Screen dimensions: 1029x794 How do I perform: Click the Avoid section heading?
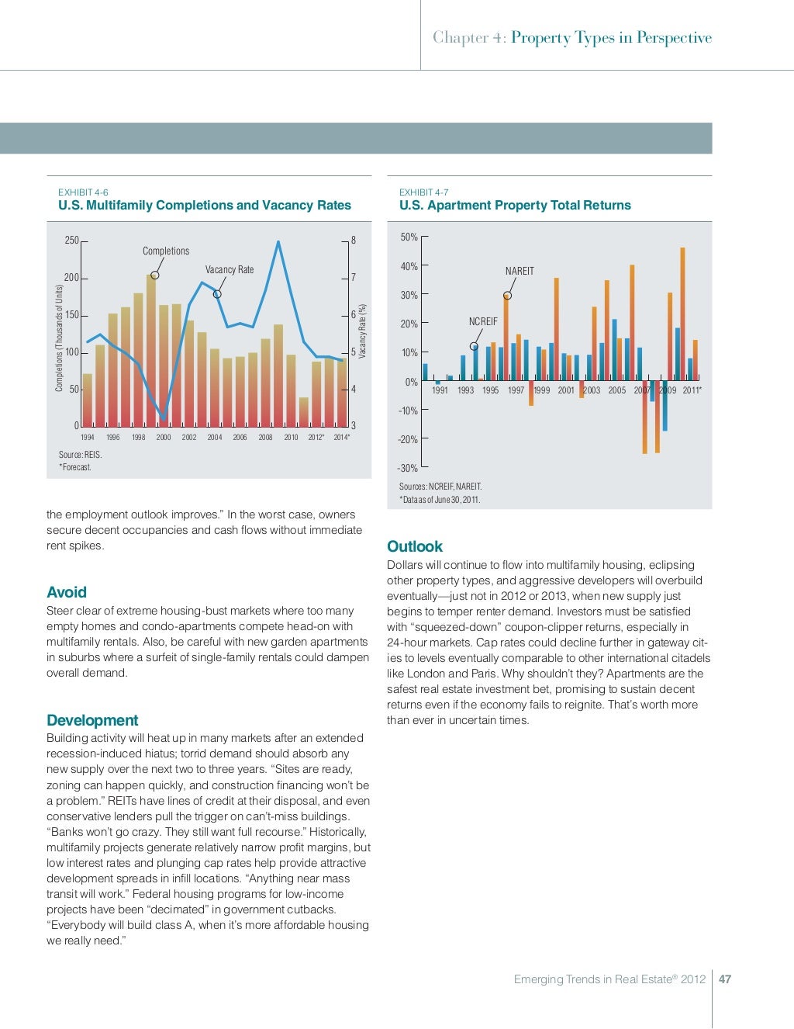coord(67,593)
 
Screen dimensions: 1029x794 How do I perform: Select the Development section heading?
coord(92,720)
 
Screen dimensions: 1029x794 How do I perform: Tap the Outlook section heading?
coord(415,546)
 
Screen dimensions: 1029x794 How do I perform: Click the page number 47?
coord(725,979)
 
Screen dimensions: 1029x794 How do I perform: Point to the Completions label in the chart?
coord(166,251)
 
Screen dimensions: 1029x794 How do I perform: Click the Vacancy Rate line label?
coord(230,270)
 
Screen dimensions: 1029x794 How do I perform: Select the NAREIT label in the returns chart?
coord(520,272)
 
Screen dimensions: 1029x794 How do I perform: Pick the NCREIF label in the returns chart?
coord(483,322)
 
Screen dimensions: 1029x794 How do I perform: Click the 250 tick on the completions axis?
coord(71,241)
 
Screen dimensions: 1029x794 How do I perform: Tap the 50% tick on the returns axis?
coord(409,237)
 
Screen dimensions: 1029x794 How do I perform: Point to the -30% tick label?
coord(407,469)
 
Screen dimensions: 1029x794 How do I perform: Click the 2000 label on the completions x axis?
coord(164,438)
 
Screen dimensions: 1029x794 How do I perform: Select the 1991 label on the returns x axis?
coord(440,390)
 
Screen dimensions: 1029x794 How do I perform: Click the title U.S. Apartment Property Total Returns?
coord(515,206)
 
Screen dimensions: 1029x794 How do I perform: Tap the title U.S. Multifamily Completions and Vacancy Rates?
coord(205,206)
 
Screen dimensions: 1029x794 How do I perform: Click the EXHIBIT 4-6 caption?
coord(83,192)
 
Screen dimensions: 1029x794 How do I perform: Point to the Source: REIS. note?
coord(80,455)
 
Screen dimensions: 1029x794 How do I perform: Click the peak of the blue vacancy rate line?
coord(278,242)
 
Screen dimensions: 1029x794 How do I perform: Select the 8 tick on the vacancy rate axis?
coord(354,241)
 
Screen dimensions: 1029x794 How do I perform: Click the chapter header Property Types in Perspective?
coord(611,38)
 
